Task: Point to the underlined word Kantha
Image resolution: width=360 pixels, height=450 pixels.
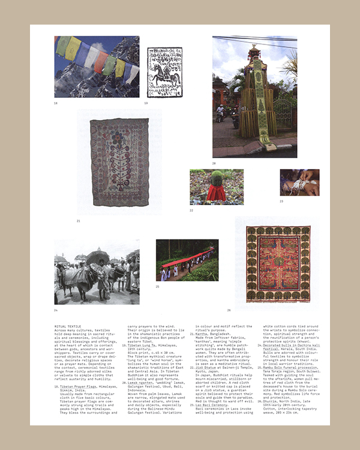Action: (x=201, y=333)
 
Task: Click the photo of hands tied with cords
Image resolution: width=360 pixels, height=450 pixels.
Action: (x=299, y=182)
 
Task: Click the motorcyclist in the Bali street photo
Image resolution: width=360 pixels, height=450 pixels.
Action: (x=221, y=112)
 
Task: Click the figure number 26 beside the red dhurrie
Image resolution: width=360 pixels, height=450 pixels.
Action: (x=229, y=310)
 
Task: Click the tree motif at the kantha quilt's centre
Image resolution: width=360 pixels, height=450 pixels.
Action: (x=120, y=163)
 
